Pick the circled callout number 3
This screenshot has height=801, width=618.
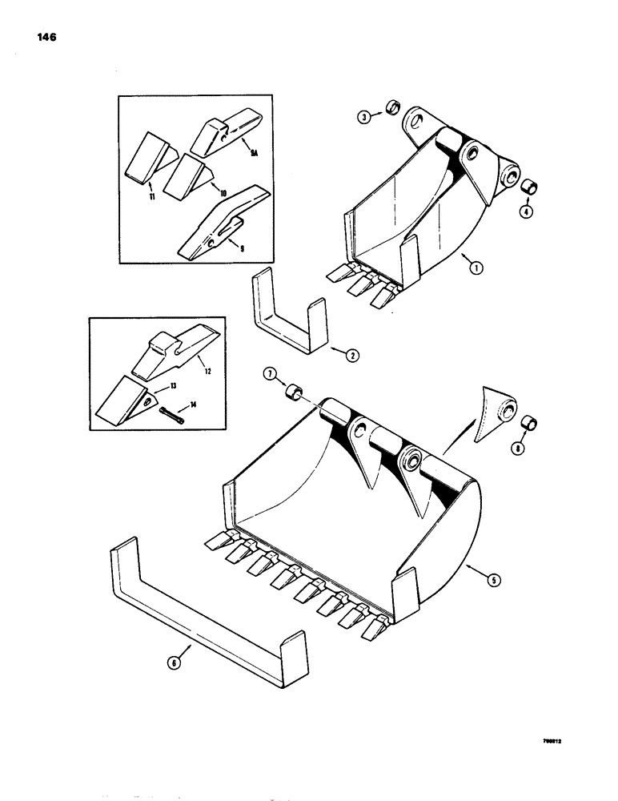(363, 118)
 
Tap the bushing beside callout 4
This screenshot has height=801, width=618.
(529, 188)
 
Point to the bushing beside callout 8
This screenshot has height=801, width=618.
(530, 423)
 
